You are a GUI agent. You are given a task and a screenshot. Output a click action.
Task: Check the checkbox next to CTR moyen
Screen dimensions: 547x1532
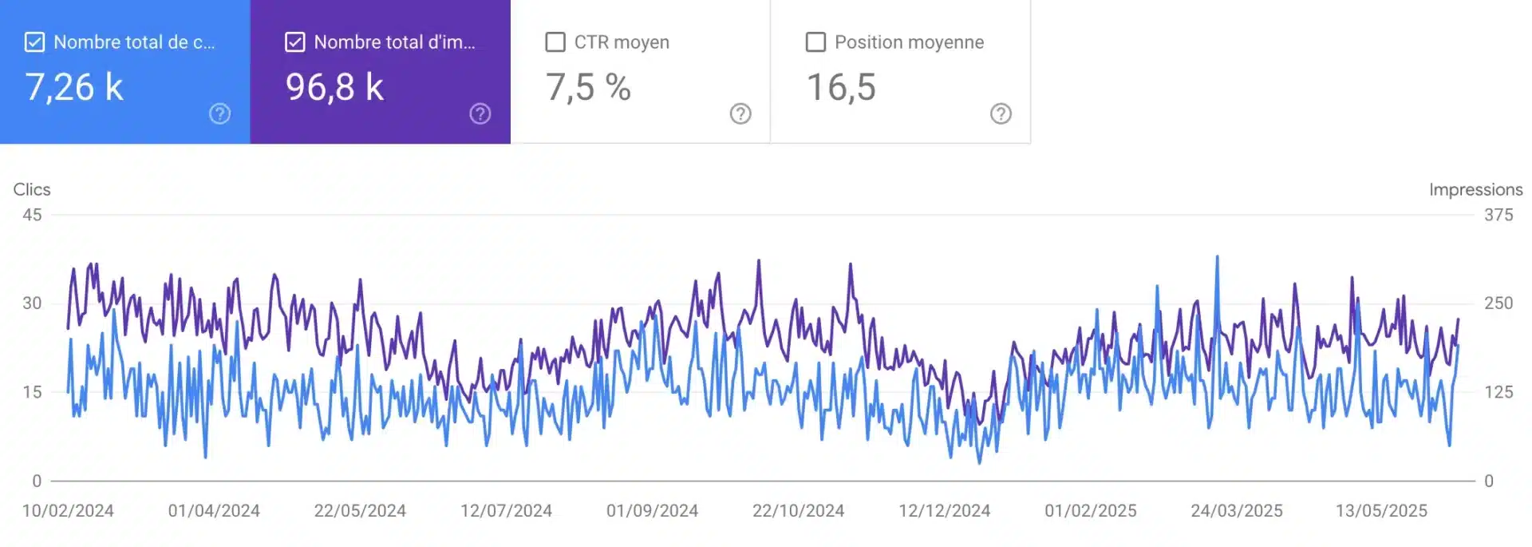click(555, 42)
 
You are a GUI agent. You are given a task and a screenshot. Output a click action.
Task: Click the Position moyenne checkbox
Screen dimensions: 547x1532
click(815, 42)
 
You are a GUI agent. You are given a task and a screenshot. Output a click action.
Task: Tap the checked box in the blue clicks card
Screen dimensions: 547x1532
click(34, 42)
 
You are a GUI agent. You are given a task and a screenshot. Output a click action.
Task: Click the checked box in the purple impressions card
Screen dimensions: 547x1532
click(294, 42)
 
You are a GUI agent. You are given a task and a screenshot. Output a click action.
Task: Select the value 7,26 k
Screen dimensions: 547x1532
click(74, 87)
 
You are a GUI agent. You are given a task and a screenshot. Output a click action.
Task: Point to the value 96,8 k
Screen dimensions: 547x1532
click(334, 87)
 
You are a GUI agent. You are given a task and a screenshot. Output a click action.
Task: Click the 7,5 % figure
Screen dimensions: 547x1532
click(588, 87)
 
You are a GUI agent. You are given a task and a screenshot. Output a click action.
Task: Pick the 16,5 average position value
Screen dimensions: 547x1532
click(841, 87)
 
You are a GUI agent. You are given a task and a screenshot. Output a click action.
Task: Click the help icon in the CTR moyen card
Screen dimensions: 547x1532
click(740, 114)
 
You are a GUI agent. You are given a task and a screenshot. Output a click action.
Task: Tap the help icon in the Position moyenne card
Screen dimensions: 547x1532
click(1001, 114)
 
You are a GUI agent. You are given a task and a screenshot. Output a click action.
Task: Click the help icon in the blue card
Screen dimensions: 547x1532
click(219, 114)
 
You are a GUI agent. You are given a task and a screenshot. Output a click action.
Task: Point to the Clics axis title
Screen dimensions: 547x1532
click(32, 189)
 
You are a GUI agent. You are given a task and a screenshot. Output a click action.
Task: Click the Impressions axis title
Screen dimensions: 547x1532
click(1475, 189)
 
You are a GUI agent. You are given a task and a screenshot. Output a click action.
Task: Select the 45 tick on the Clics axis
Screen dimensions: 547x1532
click(32, 215)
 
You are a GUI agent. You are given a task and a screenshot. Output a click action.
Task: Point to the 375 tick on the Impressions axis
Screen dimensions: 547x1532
click(1498, 215)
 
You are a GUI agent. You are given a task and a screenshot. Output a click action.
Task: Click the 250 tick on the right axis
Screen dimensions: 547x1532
click(1498, 303)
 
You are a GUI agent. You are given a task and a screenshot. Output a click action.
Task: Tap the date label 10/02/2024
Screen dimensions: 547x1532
click(68, 511)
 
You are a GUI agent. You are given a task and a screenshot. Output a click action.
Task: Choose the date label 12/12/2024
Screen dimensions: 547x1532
click(944, 511)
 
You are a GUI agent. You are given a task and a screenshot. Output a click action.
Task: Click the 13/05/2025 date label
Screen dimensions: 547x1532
click(1381, 511)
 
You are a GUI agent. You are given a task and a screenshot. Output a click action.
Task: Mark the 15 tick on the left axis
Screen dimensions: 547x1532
click(32, 392)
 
